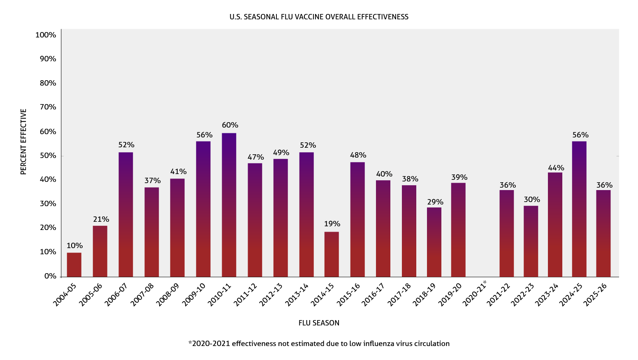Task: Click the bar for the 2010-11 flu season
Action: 229,205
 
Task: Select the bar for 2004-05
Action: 74,265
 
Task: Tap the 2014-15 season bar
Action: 332,254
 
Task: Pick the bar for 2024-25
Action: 579,209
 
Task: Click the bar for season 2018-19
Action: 434,242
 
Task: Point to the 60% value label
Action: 230,125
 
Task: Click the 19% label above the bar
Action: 332,224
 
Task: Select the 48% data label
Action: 358,155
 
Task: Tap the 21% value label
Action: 101,219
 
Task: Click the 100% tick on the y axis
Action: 46,35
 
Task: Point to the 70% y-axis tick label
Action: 48,107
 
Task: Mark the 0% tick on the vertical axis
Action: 51,276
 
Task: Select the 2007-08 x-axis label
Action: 142,295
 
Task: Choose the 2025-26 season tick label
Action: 595,295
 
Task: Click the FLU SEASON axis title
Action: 319,323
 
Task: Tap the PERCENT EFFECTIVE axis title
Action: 23,142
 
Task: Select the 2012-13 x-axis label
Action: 271,295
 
